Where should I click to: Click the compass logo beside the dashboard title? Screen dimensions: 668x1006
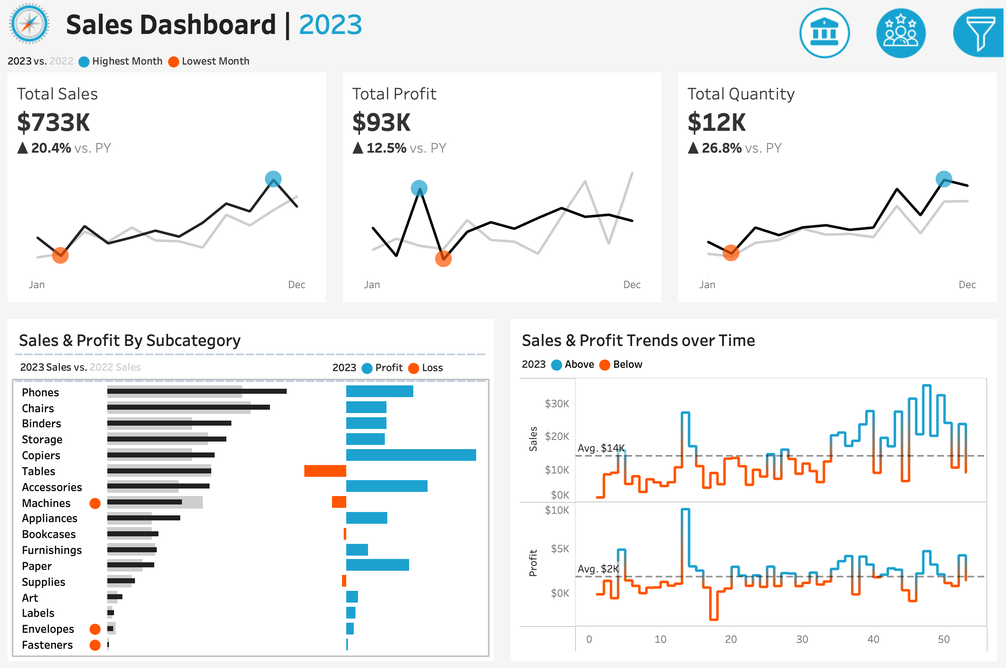tap(29, 24)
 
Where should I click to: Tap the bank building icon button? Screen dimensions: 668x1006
tap(824, 33)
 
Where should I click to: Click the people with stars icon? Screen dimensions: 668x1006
tap(900, 33)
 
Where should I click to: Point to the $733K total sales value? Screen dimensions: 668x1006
tap(54, 123)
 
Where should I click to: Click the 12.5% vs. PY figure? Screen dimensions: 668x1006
tap(386, 148)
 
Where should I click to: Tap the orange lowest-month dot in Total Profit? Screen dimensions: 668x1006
tap(443, 259)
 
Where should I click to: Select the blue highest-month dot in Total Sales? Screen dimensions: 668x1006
tap(273, 179)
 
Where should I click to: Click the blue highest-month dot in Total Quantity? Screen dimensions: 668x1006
tap(944, 179)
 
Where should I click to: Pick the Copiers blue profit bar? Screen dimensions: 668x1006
tap(411, 455)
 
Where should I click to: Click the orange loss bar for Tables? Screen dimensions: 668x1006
tap(325, 471)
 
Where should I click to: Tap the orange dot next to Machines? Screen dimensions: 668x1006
tap(95, 503)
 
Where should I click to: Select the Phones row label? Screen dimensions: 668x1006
tap(40, 392)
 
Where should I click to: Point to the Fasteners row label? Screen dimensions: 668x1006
tap(47, 645)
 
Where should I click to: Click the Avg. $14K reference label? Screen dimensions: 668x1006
tap(601, 448)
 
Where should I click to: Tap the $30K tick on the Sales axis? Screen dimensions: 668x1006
tap(556, 403)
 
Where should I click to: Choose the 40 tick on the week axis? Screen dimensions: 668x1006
tap(873, 639)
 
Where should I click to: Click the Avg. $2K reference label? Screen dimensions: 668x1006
tap(598, 569)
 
